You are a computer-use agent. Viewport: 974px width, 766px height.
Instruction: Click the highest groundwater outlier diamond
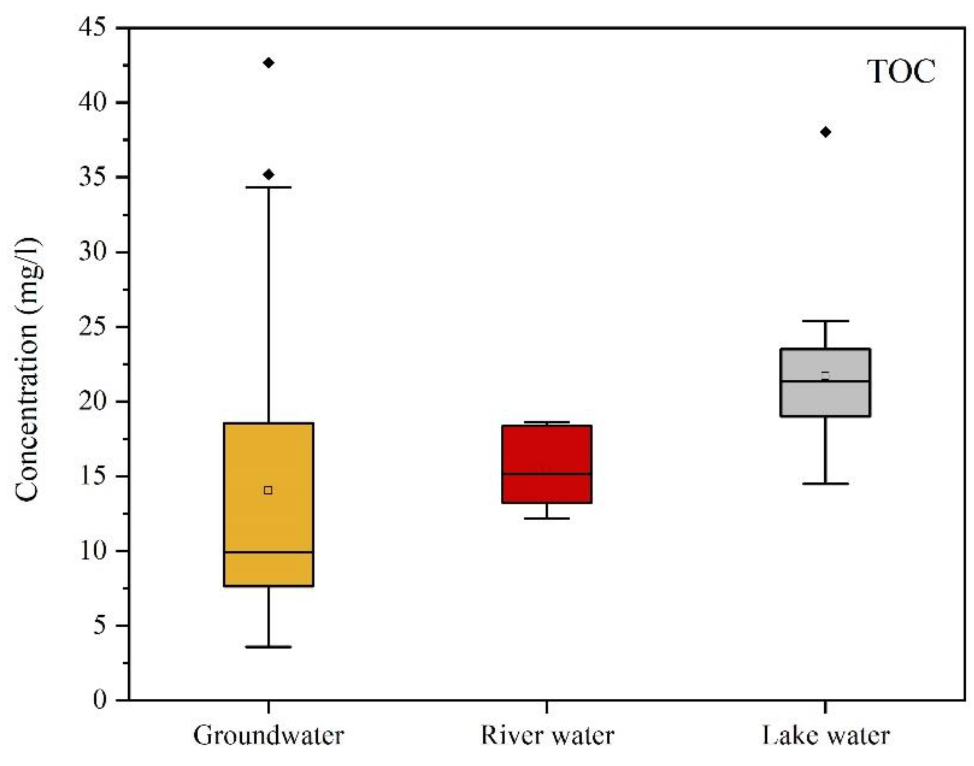click(x=268, y=63)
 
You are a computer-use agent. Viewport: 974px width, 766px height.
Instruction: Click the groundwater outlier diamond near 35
click(x=268, y=175)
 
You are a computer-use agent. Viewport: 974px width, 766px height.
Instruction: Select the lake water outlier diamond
click(x=826, y=132)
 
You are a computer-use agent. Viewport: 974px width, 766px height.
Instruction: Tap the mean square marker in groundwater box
click(x=268, y=490)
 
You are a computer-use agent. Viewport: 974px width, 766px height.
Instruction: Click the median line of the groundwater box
click(x=268, y=552)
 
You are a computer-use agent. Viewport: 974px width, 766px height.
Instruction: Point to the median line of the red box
click(x=547, y=473)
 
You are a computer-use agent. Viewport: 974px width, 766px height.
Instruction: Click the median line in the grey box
click(x=826, y=381)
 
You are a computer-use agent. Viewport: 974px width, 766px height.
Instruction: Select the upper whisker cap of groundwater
click(x=268, y=187)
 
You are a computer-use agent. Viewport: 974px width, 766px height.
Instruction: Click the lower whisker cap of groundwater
click(x=268, y=647)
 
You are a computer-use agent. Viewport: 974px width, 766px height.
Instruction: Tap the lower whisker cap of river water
click(x=547, y=518)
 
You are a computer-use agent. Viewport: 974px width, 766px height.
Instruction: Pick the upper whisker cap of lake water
click(x=826, y=321)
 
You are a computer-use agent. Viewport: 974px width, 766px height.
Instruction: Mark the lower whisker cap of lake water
click(x=826, y=484)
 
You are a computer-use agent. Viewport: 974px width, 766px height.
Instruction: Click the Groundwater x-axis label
click(x=268, y=736)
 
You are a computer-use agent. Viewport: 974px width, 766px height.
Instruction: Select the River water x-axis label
click(x=547, y=736)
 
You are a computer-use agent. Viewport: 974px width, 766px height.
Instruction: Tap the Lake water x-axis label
click(x=826, y=736)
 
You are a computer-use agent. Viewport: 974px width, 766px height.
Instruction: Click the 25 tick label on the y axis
click(x=92, y=327)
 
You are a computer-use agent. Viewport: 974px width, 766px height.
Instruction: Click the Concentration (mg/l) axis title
click(x=28, y=370)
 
